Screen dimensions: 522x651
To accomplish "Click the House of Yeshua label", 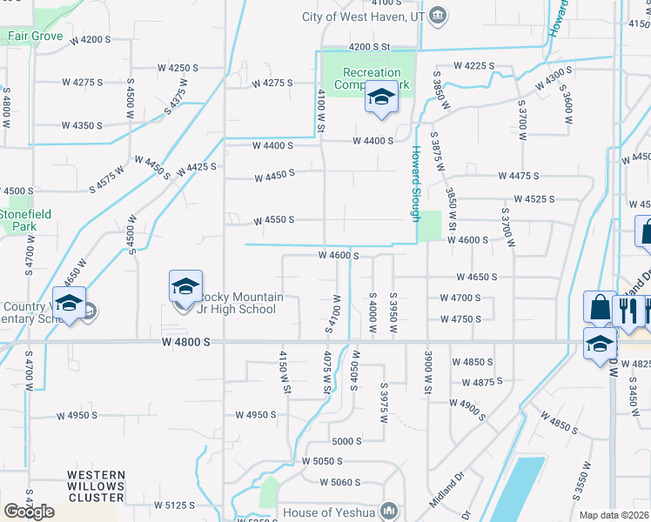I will point(328,512).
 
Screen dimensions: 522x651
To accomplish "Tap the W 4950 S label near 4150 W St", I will point(255,415).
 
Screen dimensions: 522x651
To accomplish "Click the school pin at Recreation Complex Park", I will point(380,99).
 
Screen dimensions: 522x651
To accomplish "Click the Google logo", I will point(29,512).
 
